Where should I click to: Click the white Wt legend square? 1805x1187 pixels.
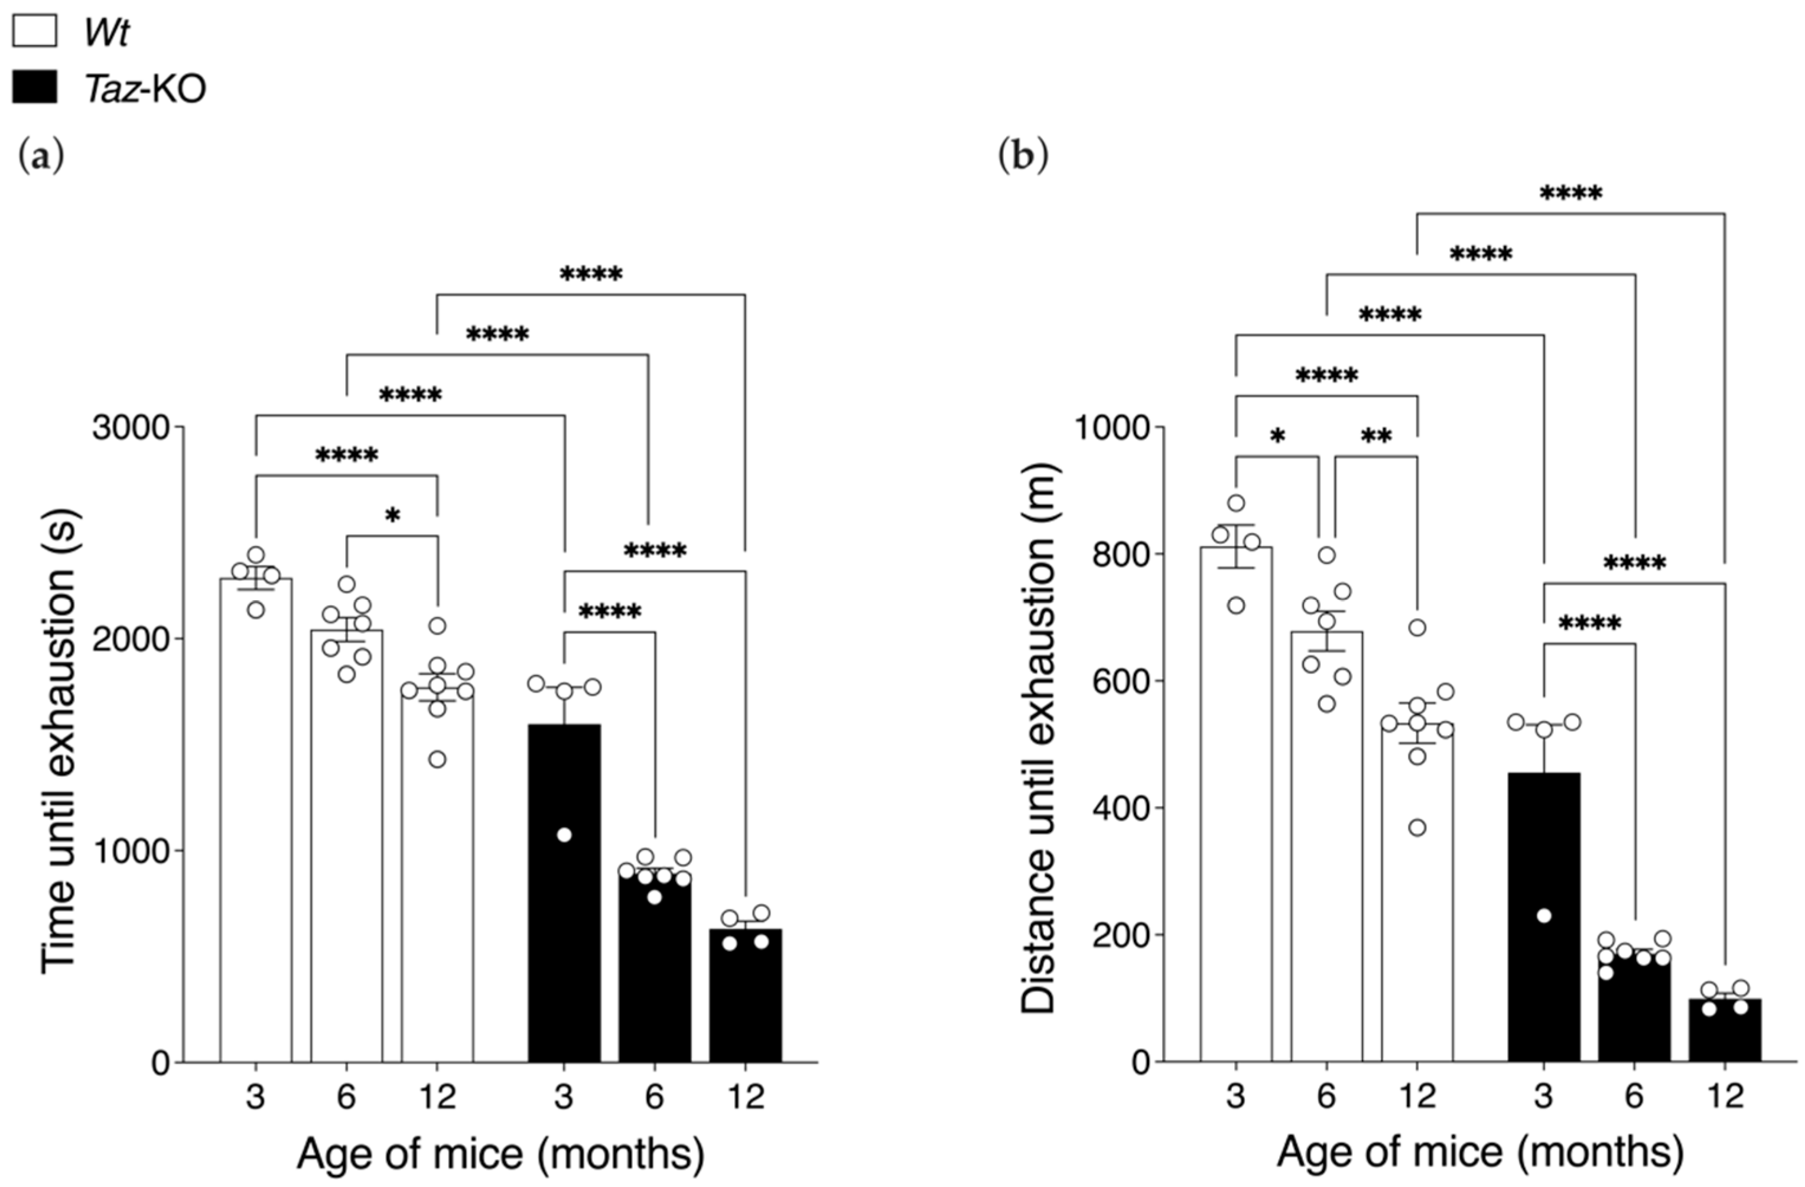coord(35,32)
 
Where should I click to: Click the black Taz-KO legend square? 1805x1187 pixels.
coord(35,88)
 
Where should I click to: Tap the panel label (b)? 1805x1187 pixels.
coord(1023,156)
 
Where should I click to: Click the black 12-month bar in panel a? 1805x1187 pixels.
coord(745,1001)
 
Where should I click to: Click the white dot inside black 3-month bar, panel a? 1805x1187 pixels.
coord(564,835)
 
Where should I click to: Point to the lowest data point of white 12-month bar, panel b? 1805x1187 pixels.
coord(1417,828)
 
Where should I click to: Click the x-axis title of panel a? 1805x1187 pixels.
coord(500,1154)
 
